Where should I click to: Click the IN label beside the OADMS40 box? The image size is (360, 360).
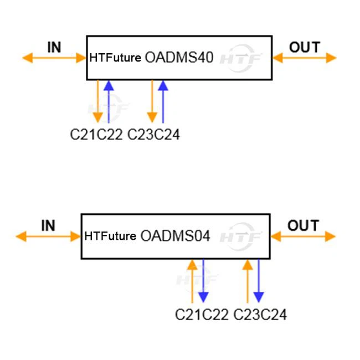[54, 47]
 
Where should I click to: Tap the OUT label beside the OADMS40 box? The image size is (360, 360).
[305, 47]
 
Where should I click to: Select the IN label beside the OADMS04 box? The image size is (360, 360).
[48, 225]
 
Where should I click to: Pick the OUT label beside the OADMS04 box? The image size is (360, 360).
[303, 225]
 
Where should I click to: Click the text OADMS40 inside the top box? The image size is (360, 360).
[179, 58]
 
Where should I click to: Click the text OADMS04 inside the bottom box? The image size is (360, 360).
[175, 236]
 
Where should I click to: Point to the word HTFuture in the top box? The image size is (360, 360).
[115, 58]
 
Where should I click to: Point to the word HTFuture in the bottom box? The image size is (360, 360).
[110, 236]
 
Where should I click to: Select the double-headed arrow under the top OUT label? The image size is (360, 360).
[304, 58]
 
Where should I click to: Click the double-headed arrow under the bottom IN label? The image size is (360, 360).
[49, 236]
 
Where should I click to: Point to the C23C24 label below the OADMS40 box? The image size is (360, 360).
[153, 135]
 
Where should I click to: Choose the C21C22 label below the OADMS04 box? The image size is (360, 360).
[202, 315]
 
